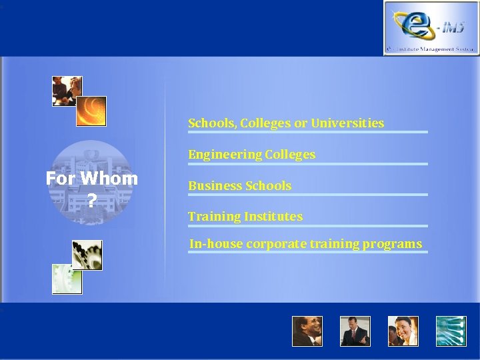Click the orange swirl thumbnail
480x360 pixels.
91,111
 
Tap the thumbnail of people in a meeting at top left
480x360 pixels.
67,91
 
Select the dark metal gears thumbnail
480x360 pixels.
87,255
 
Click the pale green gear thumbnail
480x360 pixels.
67,279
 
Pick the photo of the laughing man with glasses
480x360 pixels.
307,331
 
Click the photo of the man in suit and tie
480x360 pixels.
355,331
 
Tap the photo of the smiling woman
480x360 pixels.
403,331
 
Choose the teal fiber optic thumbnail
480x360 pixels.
451,331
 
